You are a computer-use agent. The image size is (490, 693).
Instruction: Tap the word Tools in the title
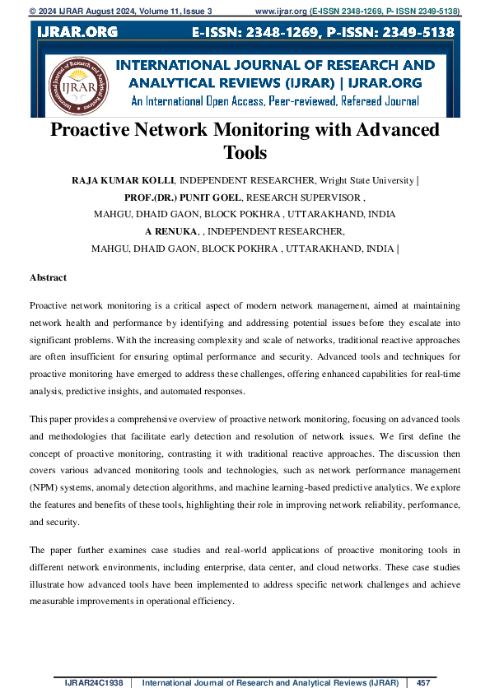[245, 152]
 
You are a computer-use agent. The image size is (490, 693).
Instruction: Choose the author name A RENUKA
[171, 231]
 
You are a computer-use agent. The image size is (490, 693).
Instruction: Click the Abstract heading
[48, 278]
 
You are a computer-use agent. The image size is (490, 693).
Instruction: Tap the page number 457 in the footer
[424, 682]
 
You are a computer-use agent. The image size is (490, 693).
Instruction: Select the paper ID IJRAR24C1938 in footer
[94, 682]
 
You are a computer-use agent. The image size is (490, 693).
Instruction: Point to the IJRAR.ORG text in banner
[77, 32]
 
